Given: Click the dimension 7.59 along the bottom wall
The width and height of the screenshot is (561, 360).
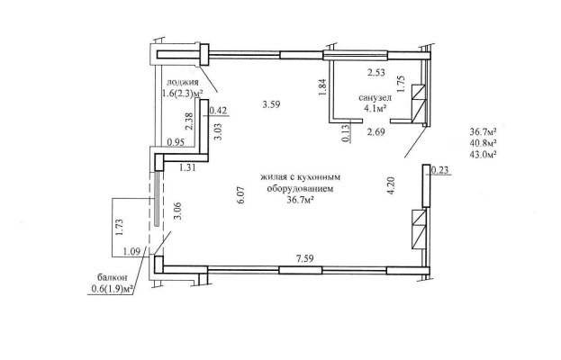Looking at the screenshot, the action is (x=305, y=258).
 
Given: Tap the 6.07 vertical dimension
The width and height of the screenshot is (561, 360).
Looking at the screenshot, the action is (x=240, y=194).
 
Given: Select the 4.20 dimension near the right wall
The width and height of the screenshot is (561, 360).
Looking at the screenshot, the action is (x=391, y=185).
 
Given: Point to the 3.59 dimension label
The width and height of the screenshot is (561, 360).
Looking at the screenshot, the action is (x=271, y=104).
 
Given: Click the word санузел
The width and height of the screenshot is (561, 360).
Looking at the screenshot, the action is (x=375, y=97).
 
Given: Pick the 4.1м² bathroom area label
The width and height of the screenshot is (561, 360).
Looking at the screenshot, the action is (x=376, y=107).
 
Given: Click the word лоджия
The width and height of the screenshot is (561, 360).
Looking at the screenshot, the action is (x=183, y=83).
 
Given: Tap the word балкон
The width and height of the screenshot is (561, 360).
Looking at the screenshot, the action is (x=112, y=277).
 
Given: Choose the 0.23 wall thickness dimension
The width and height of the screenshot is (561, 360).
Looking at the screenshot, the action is (x=439, y=170).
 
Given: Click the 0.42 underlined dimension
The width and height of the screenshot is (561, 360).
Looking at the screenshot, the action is (x=218, y=111).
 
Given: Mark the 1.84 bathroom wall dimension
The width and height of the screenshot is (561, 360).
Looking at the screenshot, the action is (x=322, y=87).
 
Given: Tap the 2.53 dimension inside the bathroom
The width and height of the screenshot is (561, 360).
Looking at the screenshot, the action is (x=376, y=73).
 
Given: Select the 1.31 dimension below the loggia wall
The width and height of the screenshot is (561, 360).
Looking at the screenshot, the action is (x=187, y=167).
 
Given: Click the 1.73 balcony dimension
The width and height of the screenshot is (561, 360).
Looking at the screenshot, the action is (x=120, y=227).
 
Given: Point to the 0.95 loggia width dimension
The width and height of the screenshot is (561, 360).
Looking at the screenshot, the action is (x=176, y=142).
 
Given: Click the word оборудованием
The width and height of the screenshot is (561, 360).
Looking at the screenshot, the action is (x=300, y=189).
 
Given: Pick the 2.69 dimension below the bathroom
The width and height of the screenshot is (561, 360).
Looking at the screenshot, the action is (x=376, y=132).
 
